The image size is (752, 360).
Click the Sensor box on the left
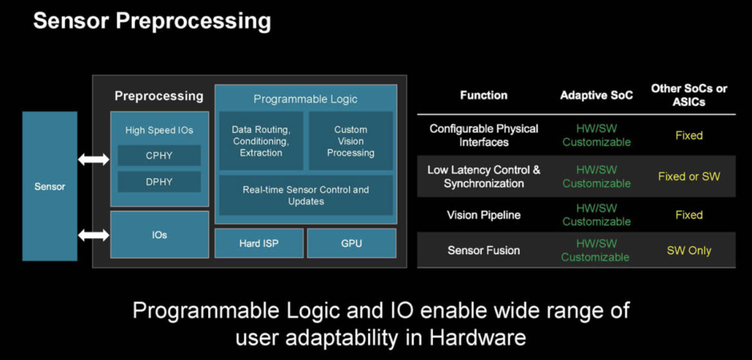tap(49, 187)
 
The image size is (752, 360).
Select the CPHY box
tap(159, 155)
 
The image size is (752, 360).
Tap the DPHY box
tap(159, 182)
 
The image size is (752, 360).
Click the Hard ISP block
tap(259, 243)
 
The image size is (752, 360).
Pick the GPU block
tap(351, 243)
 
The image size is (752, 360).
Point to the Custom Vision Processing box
tap(350, 141)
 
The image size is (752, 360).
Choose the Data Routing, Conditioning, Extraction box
tap(260, 141)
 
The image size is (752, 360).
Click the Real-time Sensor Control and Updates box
tap(306, 195)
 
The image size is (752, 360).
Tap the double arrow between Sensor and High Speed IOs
tap(93, 160)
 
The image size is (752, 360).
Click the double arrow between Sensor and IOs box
tap(93, 235)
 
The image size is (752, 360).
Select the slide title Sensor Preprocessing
tap(152, 21)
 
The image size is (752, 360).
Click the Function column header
tap(483, 95)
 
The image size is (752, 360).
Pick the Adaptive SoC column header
tap(597, 95)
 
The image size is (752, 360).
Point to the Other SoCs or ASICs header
tap(689, 95)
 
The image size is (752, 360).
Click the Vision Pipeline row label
tap(483, 215)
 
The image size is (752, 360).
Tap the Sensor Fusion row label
tap(483, 250)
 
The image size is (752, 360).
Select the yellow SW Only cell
tap(689, 250)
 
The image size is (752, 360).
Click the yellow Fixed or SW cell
tap(689, 176)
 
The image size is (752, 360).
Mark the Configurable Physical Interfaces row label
tap(483, 135)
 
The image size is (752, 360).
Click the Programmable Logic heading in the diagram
tap(305, 99)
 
